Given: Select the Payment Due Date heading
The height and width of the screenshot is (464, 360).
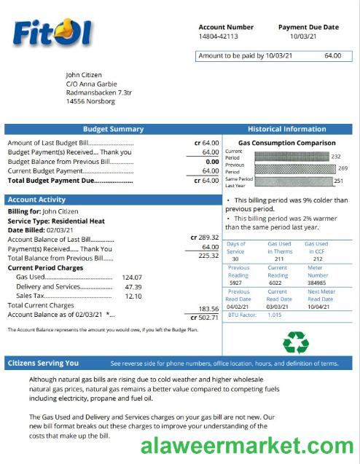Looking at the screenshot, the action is tap(308, 27).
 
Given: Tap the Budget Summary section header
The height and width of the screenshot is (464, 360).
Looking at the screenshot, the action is tap(113, 129).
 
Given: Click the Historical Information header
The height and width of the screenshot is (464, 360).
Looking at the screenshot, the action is tap(286, 129).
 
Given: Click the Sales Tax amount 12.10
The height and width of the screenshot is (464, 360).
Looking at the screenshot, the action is tap(133, 296).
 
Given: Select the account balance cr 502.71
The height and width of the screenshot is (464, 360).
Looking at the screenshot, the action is tap(204, 317).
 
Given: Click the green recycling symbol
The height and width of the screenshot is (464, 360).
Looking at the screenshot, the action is tap(296, 342).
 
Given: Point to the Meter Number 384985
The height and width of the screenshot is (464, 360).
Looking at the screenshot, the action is tap(317, 283).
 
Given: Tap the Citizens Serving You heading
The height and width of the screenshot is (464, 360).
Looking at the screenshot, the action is tap(42, 363).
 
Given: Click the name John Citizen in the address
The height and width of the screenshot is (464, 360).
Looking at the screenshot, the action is tap(84, 74).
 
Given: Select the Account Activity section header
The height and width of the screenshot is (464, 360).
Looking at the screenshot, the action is tap(36, 200).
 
